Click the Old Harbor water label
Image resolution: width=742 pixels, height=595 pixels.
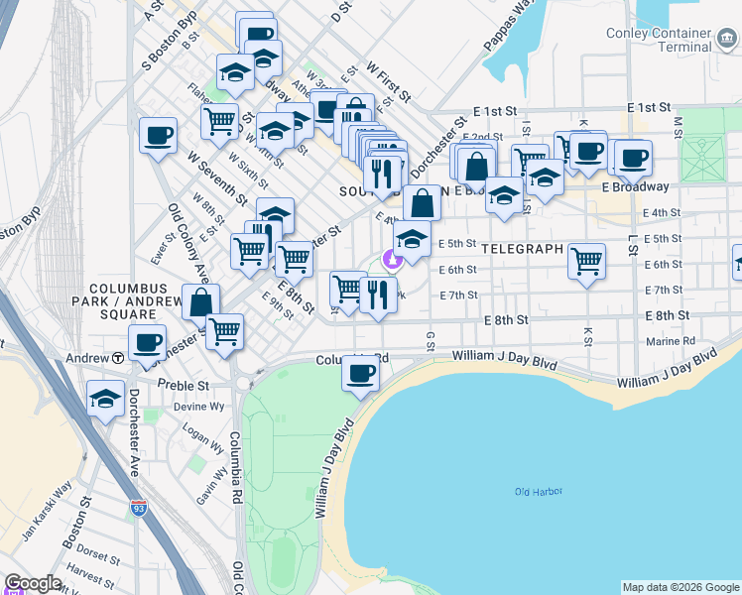[539, 493]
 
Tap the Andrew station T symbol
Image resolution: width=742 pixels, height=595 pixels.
[118, 358]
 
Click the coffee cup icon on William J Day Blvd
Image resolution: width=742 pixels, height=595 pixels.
[360, 373]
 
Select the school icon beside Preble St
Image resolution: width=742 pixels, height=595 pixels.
[105, 399]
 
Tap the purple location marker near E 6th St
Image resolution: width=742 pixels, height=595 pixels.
[392, 259]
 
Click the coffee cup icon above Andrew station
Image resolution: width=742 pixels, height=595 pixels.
[148, 342]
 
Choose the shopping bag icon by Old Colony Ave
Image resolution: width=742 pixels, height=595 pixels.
[200, 301]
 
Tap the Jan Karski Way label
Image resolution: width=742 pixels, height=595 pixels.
[48, 507]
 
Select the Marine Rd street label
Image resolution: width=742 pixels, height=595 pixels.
[675, 340]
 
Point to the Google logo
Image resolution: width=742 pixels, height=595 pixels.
[33, 583]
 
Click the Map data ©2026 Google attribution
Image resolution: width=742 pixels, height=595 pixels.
[680, 587]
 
